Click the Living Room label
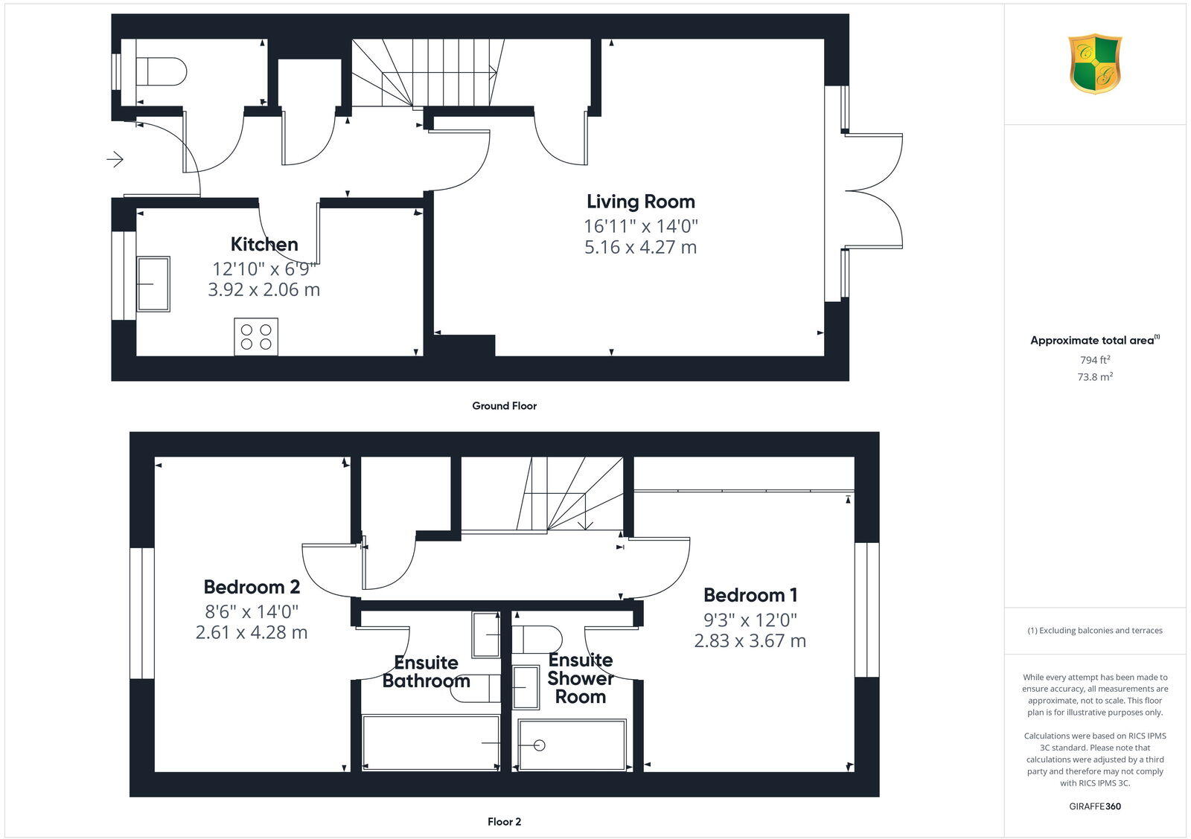coord(640,202)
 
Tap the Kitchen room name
coord(264,244)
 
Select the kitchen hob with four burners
coord(256,336)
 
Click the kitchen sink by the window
coord(153,283)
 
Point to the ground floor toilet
coord(162,72)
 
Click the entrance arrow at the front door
coord(115,158)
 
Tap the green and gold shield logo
coord(1094,64)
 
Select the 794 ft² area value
coord(1094,360)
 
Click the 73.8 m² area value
coord(1094,377)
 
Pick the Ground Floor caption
coord(504,406)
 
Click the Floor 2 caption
coord(504,822)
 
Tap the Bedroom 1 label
coord(750,595)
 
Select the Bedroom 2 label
coord(252,587)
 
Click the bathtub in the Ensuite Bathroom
coord(430,742)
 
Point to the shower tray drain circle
coord(540,745)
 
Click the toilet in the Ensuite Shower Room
coord(537,639)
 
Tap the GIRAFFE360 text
coord(1094,806)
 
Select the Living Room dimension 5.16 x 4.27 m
coord(640,247)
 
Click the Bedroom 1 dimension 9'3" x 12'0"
coord(750,620)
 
